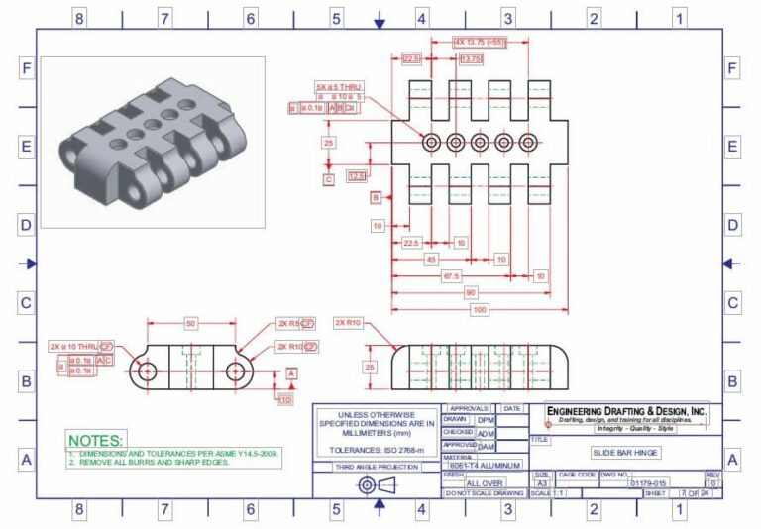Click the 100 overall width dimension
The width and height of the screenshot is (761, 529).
coord(480,310)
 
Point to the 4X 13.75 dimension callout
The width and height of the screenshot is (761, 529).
coord(480,42)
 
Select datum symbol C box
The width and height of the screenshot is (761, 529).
coord(328,179)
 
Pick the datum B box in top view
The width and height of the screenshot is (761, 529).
coord(376,198)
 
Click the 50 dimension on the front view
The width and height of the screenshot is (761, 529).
coord(190,324)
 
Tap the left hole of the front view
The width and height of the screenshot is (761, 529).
coord(147,371)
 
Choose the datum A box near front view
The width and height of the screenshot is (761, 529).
coord(291,372)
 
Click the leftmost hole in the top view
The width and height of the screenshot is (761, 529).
coord(431,143)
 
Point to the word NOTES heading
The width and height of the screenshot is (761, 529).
coord(96,439)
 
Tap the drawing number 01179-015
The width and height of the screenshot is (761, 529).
coord(650,483)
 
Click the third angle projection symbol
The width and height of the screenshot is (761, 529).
coord(376,485)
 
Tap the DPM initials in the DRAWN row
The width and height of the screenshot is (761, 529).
coord(486,420)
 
